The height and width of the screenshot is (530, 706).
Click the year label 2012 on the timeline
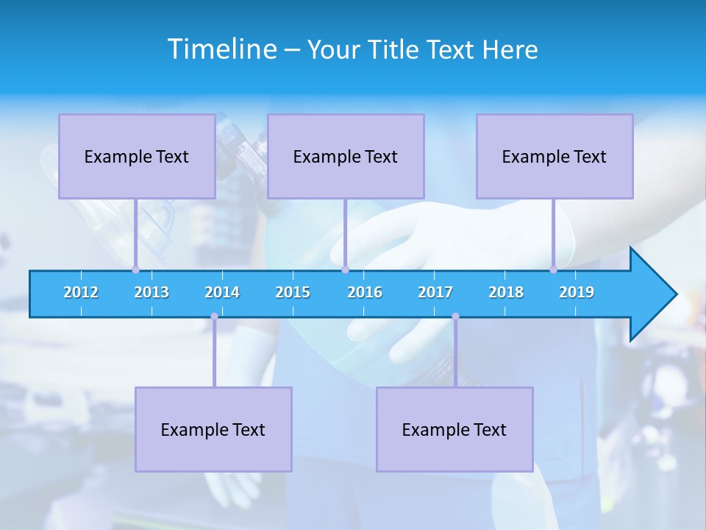click(81, 292)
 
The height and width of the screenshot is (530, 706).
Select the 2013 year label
click(151, 292)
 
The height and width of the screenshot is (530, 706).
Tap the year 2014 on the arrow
click(222, 292)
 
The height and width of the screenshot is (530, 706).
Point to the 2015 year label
click(293, 292)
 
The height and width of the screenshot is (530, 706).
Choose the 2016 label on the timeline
click(365, 292)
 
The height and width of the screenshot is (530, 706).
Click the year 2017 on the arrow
click(435, 292)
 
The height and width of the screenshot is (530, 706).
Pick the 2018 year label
click(506, 292)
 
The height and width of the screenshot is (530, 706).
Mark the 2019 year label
click(577, 292)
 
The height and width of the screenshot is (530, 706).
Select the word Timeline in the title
click(222, 49)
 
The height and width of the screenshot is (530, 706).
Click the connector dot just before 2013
click(135, 270)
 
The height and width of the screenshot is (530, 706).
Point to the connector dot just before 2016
click(345, 270)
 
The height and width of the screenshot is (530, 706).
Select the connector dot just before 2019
click(553, 270)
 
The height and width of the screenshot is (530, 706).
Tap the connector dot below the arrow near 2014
click(214, 317)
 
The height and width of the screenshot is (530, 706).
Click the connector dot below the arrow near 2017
click(455, 317)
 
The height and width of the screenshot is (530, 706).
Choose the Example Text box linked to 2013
click(137, 156)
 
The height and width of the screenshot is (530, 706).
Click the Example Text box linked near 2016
click(346, 156)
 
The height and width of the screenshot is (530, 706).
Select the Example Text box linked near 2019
click(555, 156)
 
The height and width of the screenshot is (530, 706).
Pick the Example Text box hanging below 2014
click(213, 429)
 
